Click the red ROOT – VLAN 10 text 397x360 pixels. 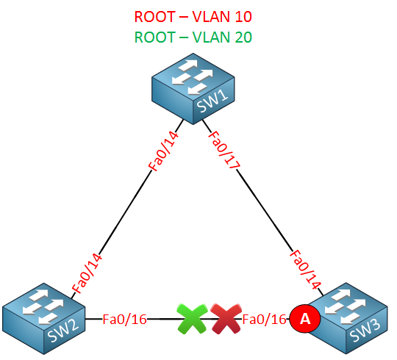click(x=193, y=17)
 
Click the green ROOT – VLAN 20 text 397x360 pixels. click(x=193, y=37)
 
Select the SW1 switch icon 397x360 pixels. click(x=193, y=89)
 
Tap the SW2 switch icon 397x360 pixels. click(x=44, y=319)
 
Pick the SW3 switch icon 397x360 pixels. click(x=347, y=318)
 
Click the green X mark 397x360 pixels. click(x=193, y=319)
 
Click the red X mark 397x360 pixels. click(x=226, y=319)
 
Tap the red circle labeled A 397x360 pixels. click(x=305, y=319)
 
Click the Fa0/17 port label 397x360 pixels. click(x=223, y=150)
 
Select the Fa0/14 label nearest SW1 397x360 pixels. click(x=163, y=151)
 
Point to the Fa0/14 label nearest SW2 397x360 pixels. click(x=87, y=273)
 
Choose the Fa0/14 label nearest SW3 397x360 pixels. click(x=305, y=269)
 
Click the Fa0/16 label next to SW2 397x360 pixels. click(x=124, y=320)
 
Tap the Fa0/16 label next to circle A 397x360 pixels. click(x=264, y=320)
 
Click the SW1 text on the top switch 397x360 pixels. click(x=212, y=101)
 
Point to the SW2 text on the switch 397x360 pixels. click(x=62, y=331)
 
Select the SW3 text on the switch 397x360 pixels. click(x=365, y=331)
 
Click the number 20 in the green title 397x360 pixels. click(x=243, y=37)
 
